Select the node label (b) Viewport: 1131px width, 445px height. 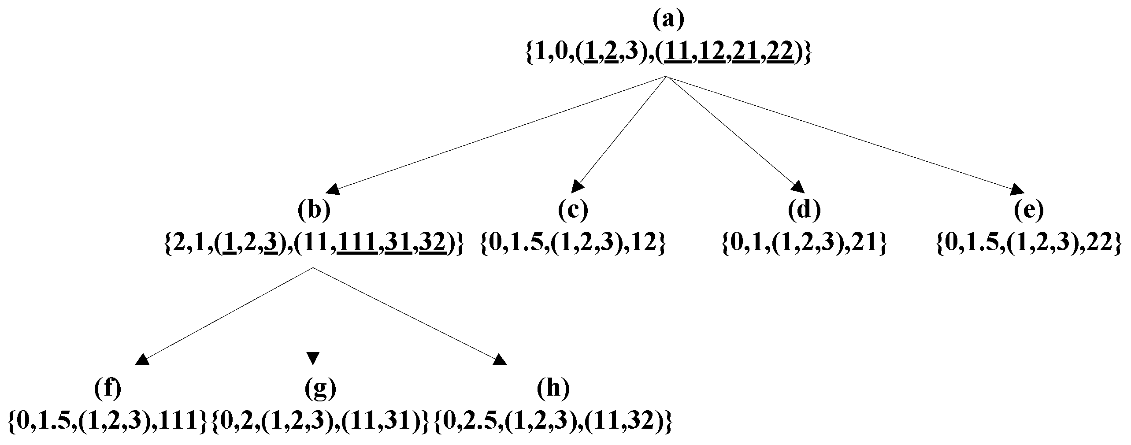tap(314, 210)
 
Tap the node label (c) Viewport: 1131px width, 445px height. tap(573, 210)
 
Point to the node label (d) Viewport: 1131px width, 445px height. tap(804, 210)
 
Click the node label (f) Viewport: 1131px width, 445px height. tap(108, 388)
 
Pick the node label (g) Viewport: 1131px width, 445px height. tap(320, 388)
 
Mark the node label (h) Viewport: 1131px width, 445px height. tap(553, 388)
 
